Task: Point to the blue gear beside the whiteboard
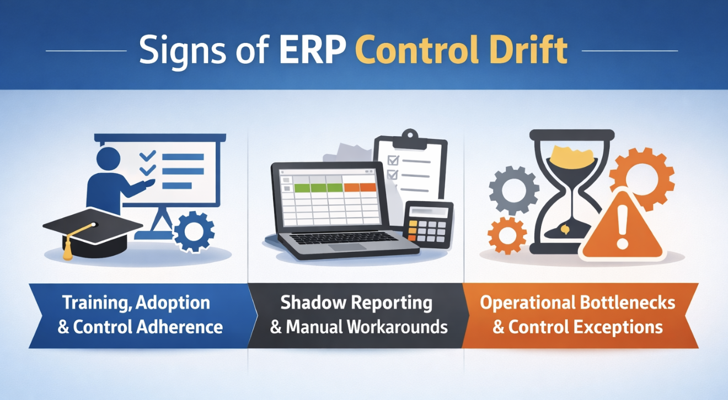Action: coord(194,231)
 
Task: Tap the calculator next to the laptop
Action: coord(429,225)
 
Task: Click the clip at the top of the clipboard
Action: coord(410,139)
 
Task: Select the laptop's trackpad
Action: coord(347,247)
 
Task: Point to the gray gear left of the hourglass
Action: coord(513,190)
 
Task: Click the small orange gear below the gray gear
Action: coord(507,235)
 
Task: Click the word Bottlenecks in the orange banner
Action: coord(628,302)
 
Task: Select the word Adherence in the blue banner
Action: coord(179,327)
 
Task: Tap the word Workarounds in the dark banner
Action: coord(397,327)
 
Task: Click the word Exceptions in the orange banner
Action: coord(618,327)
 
